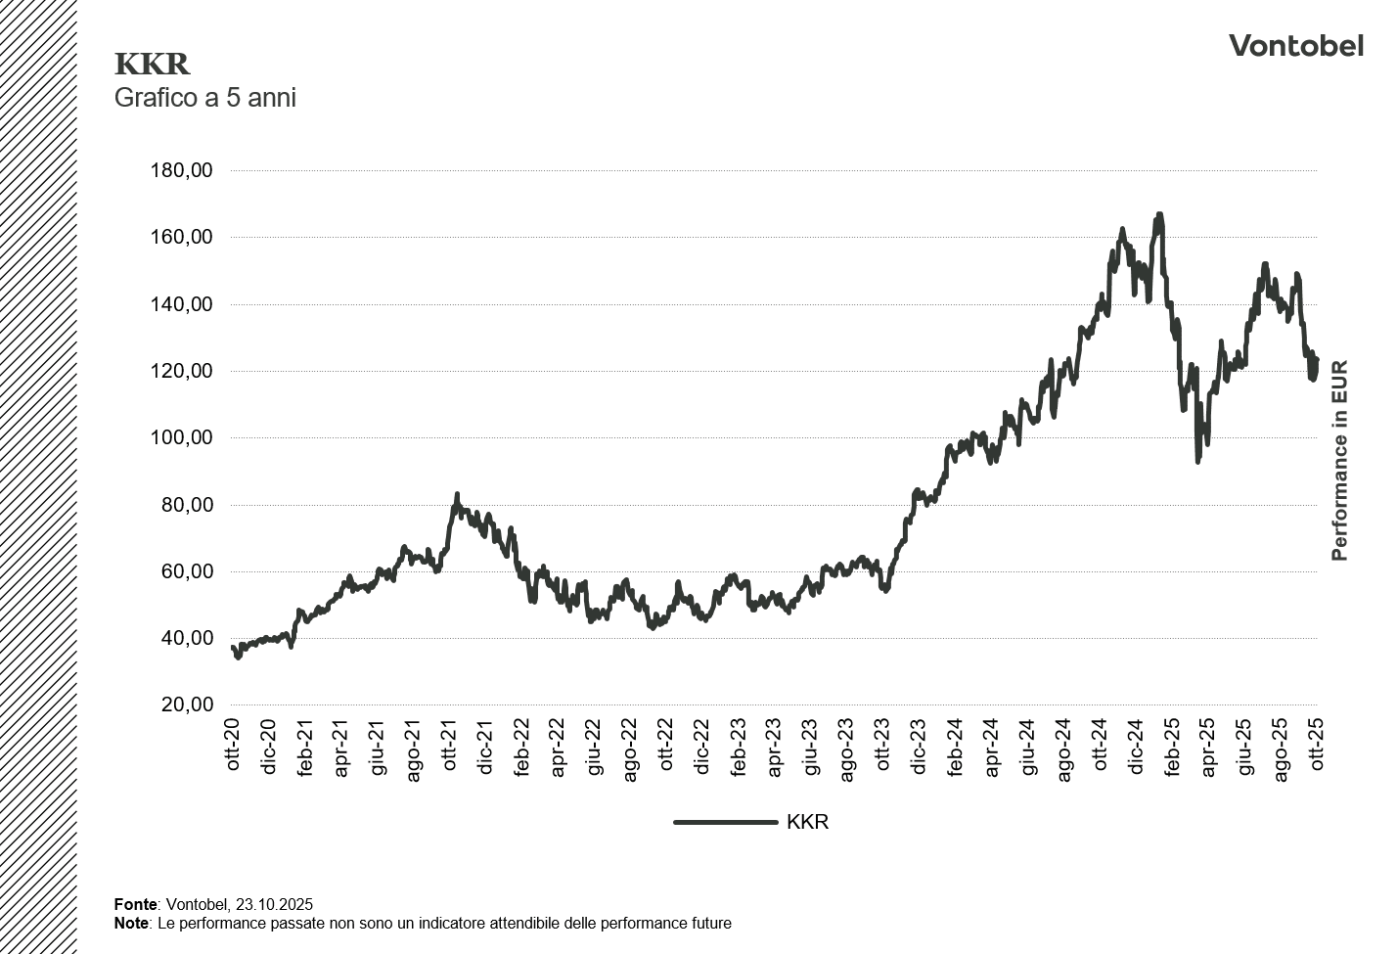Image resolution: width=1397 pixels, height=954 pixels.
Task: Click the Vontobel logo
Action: tap(1295, 46)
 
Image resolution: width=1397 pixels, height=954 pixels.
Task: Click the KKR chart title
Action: tap(152, 65)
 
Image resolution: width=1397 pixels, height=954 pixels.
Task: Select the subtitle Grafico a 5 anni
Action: tap(205, 98)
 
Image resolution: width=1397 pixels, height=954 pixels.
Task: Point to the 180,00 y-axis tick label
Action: tap(181, 170)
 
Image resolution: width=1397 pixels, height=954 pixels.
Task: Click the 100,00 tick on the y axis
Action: tap(181, 437)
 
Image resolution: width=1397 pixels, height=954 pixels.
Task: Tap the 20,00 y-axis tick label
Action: tap(186, 704)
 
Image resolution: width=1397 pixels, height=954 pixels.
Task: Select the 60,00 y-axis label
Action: tap(186, 571)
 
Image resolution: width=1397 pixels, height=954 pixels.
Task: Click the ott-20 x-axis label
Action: tap(233, 746)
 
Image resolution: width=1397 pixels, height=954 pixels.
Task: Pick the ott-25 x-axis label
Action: tap(1318, 746)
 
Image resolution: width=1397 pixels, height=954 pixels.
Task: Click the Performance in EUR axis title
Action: tap(1339, 461)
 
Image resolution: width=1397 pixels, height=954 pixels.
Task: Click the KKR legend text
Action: tap(807, 822)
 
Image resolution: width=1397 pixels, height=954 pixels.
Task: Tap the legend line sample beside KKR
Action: tap(725, 822)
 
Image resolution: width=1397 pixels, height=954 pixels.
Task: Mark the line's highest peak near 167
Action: tap(1159, 214)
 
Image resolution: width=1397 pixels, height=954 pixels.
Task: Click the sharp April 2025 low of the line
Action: tap(1197, 461)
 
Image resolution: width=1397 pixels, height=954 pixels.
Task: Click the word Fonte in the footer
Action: tap(135, 905)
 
